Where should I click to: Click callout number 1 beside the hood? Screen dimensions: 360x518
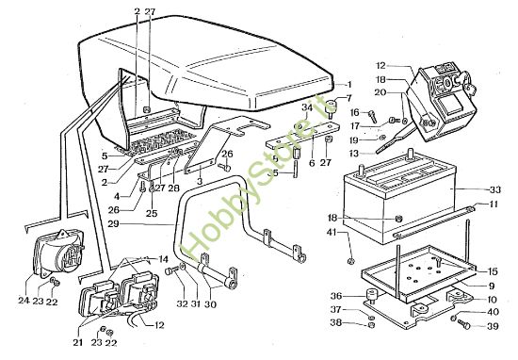[348, 85]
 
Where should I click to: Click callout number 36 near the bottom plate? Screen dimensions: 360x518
[337, 293]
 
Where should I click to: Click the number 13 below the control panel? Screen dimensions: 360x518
[355, 154]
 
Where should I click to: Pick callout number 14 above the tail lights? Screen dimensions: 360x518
[163, 258]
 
